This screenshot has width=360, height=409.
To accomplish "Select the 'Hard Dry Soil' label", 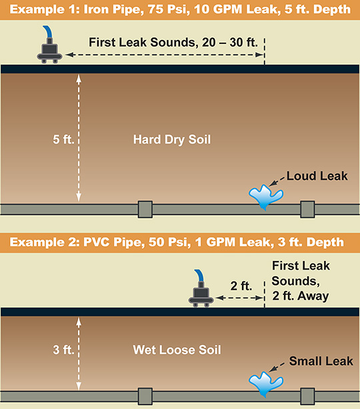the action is [x=172, y=139].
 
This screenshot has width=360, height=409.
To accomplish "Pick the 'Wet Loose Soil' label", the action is [x=177, y=350].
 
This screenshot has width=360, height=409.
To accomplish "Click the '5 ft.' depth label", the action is [x=63, y=139].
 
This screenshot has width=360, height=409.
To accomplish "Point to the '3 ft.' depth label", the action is [x=63, y=350].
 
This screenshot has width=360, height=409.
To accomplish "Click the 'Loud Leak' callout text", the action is [x=317, y=176].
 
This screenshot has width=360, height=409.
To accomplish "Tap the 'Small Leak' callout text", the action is [x=321, y=361].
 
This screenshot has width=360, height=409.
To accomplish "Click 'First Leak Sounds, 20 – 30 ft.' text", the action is [x=173, y=42].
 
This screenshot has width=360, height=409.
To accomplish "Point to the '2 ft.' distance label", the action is [x=241, y=286].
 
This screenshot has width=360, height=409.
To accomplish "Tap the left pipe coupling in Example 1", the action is [x=145, y=210].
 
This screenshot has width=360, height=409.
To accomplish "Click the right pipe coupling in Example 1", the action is [x=307, y=210].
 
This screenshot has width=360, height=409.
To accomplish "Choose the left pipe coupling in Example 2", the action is [x=145, y=396].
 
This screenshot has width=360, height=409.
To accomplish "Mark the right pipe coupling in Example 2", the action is [x=307, y=396].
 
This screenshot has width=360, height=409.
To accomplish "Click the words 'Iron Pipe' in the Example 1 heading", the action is [x=113, y=9].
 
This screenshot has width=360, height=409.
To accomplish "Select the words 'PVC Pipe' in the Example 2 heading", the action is [x=114, y=242].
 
